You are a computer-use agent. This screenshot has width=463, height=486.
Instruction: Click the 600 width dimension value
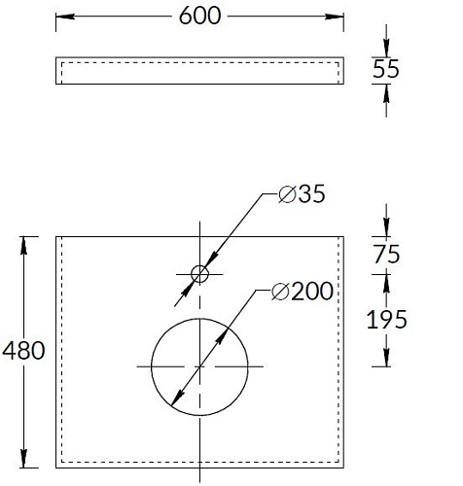[199, 16]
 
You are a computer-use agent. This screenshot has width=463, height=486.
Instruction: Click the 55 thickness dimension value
[385, 69]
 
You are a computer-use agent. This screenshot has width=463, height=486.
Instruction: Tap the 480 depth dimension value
[23, 351]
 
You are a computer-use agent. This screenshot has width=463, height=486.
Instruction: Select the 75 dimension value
[386, 254]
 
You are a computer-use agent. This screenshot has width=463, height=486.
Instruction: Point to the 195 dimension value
[386, 320]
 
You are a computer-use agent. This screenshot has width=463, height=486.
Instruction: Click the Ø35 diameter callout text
[302, 194]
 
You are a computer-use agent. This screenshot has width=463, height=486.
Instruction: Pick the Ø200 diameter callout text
[303, 291]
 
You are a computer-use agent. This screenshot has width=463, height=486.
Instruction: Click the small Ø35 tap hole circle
[199, 266]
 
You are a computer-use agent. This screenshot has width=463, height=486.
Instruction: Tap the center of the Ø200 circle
[199, 366]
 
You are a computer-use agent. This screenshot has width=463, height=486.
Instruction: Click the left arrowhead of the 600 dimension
[65, 17]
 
